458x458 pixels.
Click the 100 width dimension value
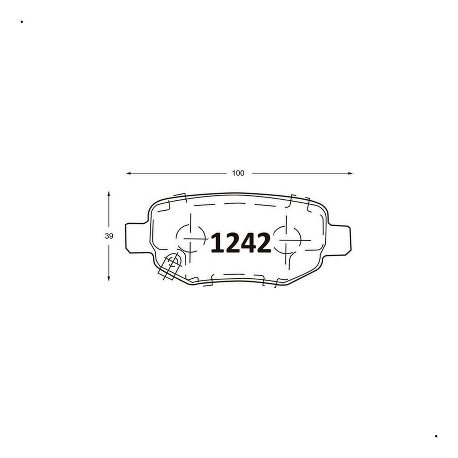tap(238, 173)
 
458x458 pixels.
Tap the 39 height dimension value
tap(109, 236)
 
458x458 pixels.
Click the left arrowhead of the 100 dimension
tap(128, 173)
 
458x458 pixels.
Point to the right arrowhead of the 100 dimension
tap(350, 173)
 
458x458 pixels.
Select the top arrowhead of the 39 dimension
tap(109, 194)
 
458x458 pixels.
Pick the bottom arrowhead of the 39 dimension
tap(109, 278)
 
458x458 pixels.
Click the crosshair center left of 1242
tap(190, 239)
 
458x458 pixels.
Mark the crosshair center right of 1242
tap(287, 240)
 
